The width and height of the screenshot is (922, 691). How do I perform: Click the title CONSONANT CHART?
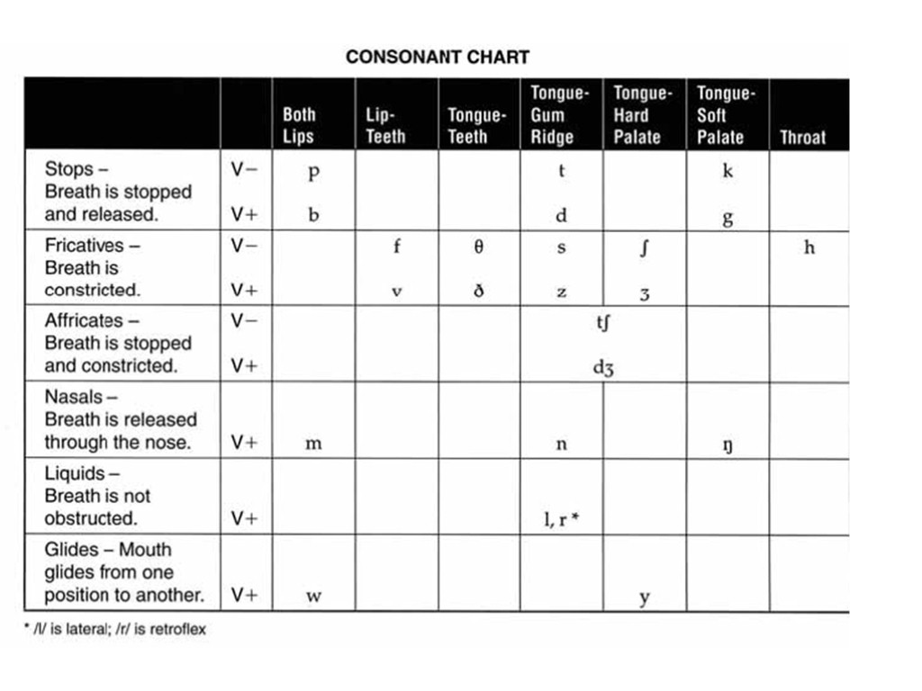438,57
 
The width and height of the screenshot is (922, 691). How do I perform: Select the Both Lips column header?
299,126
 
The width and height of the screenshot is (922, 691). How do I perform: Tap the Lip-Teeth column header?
385,126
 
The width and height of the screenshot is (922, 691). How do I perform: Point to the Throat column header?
802,138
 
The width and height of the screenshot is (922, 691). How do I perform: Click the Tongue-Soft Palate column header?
720,115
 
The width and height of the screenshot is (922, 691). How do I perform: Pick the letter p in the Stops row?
313,173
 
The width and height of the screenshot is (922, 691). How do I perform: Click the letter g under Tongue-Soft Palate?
728,219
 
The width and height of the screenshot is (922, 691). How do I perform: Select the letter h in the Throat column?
809,247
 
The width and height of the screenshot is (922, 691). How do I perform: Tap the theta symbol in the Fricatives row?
478,247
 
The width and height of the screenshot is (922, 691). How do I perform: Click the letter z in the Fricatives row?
561,292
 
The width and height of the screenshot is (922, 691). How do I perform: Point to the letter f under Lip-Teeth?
396,247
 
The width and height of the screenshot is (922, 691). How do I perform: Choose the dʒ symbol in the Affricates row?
603,367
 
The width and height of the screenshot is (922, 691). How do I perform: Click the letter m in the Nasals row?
313,444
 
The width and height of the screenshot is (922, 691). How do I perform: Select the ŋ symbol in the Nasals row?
728,444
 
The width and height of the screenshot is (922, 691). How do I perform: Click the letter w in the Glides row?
313,596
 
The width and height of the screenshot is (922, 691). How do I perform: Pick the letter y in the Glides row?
645,597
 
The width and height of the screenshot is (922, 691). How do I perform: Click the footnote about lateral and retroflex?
115,630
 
